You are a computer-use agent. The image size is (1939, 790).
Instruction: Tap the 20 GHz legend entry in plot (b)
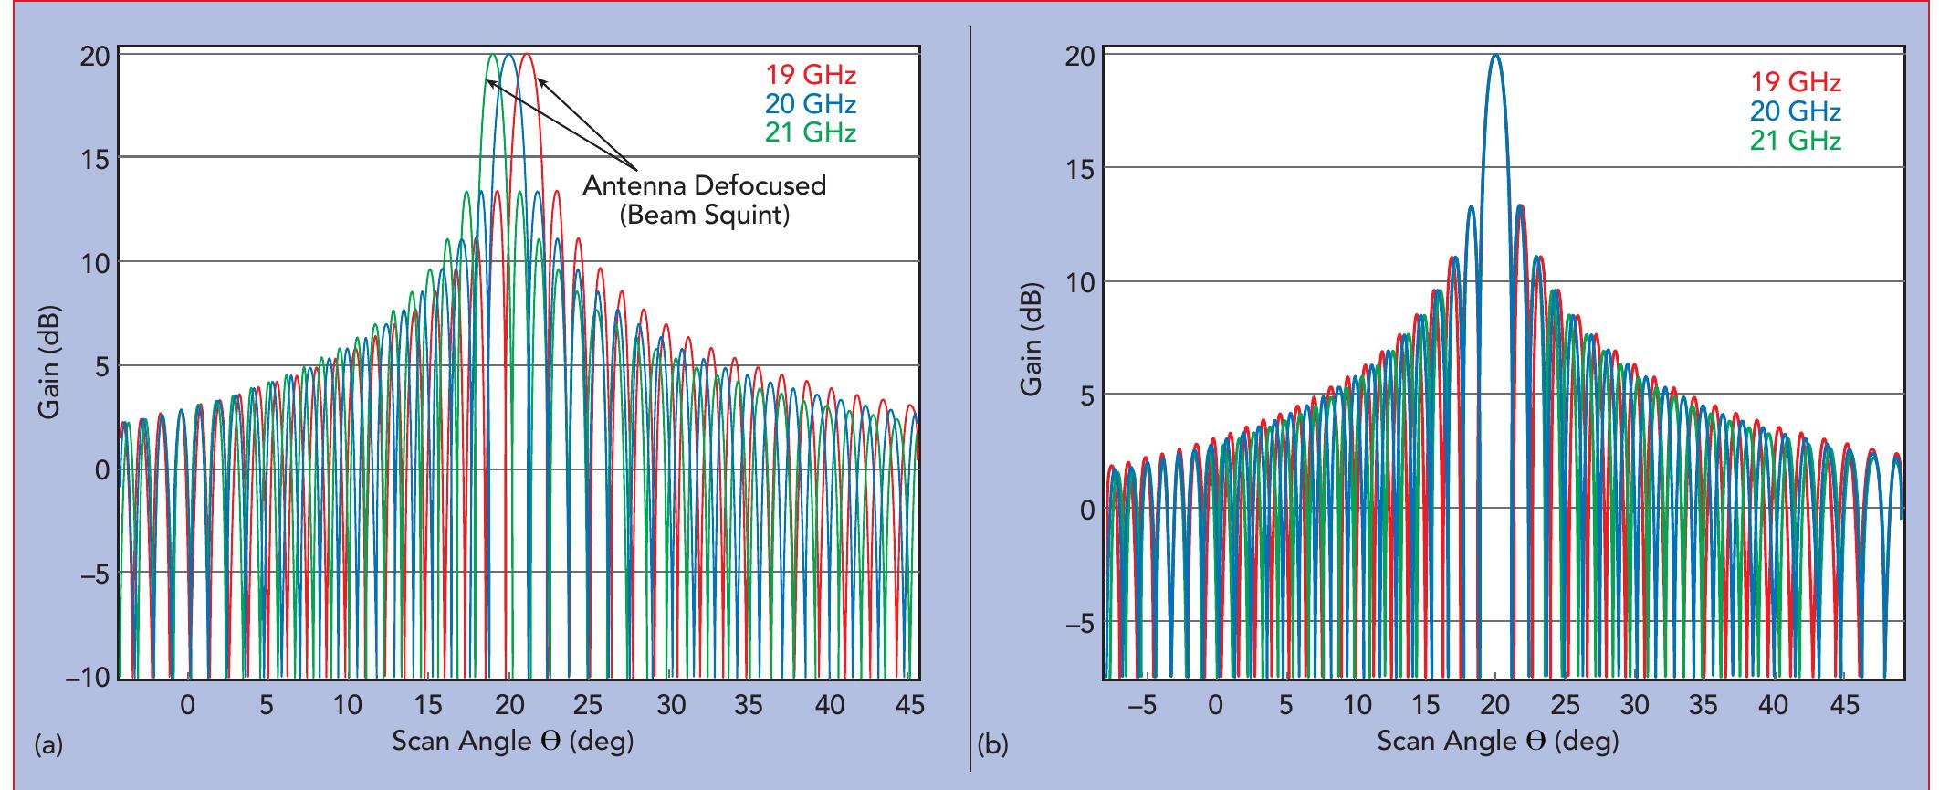click(x=1795, y=111)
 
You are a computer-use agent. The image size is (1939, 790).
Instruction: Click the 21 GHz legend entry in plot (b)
click(x=1795, y=141)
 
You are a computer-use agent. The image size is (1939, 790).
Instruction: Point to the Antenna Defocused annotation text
click(x=704, y=185)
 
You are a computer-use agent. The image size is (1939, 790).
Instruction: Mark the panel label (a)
click(x=48, y=746)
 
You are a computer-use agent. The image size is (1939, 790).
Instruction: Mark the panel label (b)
click(x=993, y=746)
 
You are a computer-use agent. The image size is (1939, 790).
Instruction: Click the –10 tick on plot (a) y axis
click(x=87, y=679)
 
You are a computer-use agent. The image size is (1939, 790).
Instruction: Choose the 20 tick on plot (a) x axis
click(x=508, y=705)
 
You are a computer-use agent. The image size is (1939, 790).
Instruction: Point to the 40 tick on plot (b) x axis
click(x=1773, y=706)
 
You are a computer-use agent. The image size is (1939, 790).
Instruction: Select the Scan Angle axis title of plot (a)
click(x=512, y=740)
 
